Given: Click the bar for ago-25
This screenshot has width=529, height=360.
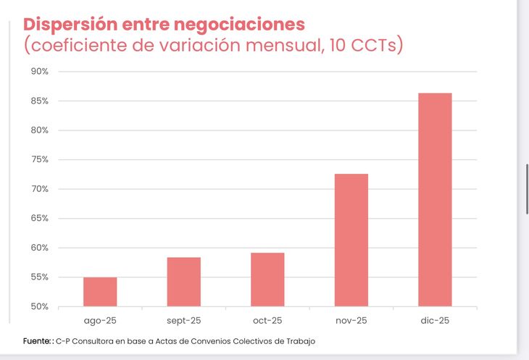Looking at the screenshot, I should point(100,291).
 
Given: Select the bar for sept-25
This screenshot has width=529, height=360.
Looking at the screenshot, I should point(183,281).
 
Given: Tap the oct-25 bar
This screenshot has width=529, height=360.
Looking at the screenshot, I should point(267,279).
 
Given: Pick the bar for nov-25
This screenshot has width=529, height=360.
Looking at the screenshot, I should point(351,240).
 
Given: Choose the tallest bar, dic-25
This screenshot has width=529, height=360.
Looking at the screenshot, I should point(435,199).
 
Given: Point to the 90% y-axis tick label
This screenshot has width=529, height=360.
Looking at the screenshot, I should point(39,72).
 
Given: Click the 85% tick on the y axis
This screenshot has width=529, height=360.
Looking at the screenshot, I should point(39,101).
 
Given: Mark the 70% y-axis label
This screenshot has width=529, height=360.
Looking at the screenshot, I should point(39,189).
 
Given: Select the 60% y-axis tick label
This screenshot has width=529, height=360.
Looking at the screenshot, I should point(39,248).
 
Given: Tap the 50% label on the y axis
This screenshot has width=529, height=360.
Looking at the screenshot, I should point(39,306).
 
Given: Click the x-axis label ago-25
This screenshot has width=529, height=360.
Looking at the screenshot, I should point(100,320).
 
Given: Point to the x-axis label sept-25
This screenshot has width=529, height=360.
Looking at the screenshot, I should point(183,320).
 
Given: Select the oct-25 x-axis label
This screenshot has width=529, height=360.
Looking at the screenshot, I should point(267,320).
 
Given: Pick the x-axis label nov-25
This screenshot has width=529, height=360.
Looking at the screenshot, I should point(351,320).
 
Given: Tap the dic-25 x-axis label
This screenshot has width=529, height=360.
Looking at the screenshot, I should point(435,320).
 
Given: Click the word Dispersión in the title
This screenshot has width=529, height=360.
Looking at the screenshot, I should point(70,24).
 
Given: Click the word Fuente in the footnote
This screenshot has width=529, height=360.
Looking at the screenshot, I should point(36,340).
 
